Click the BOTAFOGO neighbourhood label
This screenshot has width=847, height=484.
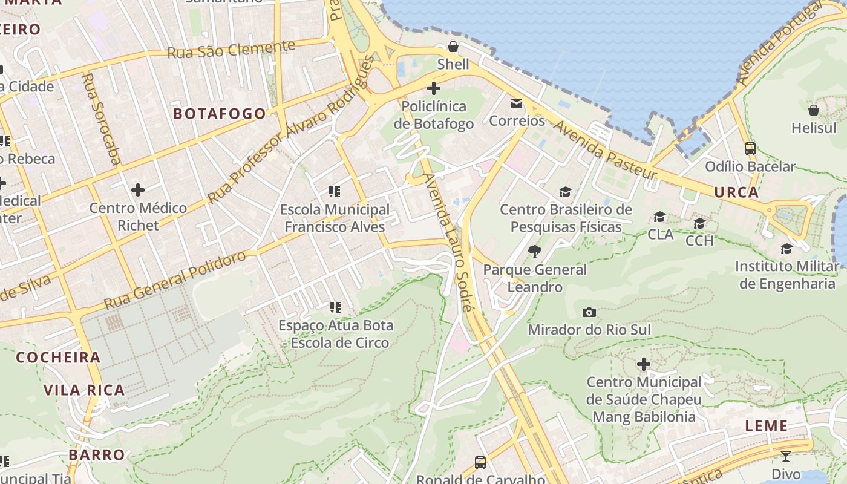[220, 114]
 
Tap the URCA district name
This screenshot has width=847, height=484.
[736, 192]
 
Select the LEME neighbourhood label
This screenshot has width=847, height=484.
[767, 426]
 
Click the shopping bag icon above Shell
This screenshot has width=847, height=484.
[453, 47]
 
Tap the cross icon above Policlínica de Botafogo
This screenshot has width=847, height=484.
[434, 89]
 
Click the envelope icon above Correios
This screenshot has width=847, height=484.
[517, 103]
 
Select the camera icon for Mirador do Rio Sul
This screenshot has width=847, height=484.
[589, 312]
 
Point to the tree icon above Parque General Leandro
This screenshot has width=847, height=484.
[534, 252]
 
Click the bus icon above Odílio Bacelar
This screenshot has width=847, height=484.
[750, 149]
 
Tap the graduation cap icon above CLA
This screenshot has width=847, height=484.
[660, 217]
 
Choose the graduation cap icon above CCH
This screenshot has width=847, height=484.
[699, 223]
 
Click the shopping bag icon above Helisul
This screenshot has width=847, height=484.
[814, 110]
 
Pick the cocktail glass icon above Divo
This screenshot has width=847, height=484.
[786, 456]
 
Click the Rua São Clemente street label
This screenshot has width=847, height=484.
[231, 50]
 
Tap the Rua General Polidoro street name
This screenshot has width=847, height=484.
[175, 279]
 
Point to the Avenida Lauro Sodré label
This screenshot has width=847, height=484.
[448, 242]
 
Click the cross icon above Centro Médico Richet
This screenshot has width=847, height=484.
[138, 190]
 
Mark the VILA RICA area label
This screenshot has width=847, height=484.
[84, 390]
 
